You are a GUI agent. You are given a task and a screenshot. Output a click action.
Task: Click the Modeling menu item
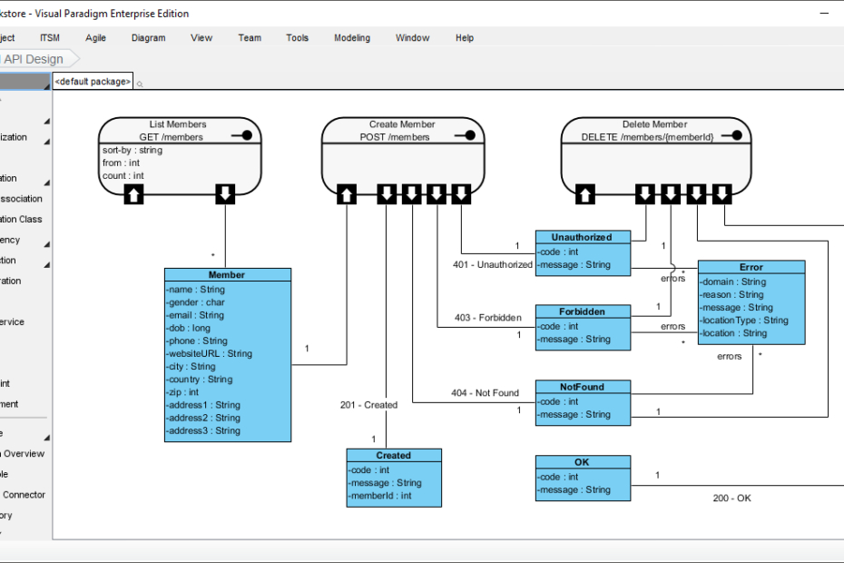(351, 38)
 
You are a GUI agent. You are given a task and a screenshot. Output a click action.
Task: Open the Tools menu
(297, 38)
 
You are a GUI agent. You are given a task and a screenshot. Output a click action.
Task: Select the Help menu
(465, 38)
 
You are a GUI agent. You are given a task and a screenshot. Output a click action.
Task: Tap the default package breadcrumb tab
(93, 82)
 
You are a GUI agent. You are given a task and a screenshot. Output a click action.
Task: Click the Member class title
(227, 275)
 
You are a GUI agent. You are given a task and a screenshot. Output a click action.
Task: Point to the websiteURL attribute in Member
(210, 354)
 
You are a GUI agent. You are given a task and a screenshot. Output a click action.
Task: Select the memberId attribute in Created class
(380, 496)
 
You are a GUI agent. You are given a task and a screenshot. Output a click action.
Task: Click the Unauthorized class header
(582, 238)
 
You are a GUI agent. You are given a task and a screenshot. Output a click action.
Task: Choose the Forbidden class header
(582, 312)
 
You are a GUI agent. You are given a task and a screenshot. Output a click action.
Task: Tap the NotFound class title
(582, 387)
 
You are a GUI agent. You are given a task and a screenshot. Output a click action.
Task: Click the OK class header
(582, 462)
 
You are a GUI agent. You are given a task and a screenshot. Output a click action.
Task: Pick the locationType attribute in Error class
(744, 321)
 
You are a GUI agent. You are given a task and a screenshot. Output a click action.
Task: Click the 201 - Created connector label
(368, 405)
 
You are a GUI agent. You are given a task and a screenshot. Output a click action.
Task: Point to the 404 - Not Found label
(485, 393)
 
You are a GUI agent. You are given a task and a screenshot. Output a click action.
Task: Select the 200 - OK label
(731, 498)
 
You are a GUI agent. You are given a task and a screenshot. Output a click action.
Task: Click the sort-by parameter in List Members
(132, 150)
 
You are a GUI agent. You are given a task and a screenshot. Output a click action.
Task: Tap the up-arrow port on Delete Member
(586, 193)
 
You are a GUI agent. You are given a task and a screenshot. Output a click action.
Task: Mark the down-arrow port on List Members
(225, 193)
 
